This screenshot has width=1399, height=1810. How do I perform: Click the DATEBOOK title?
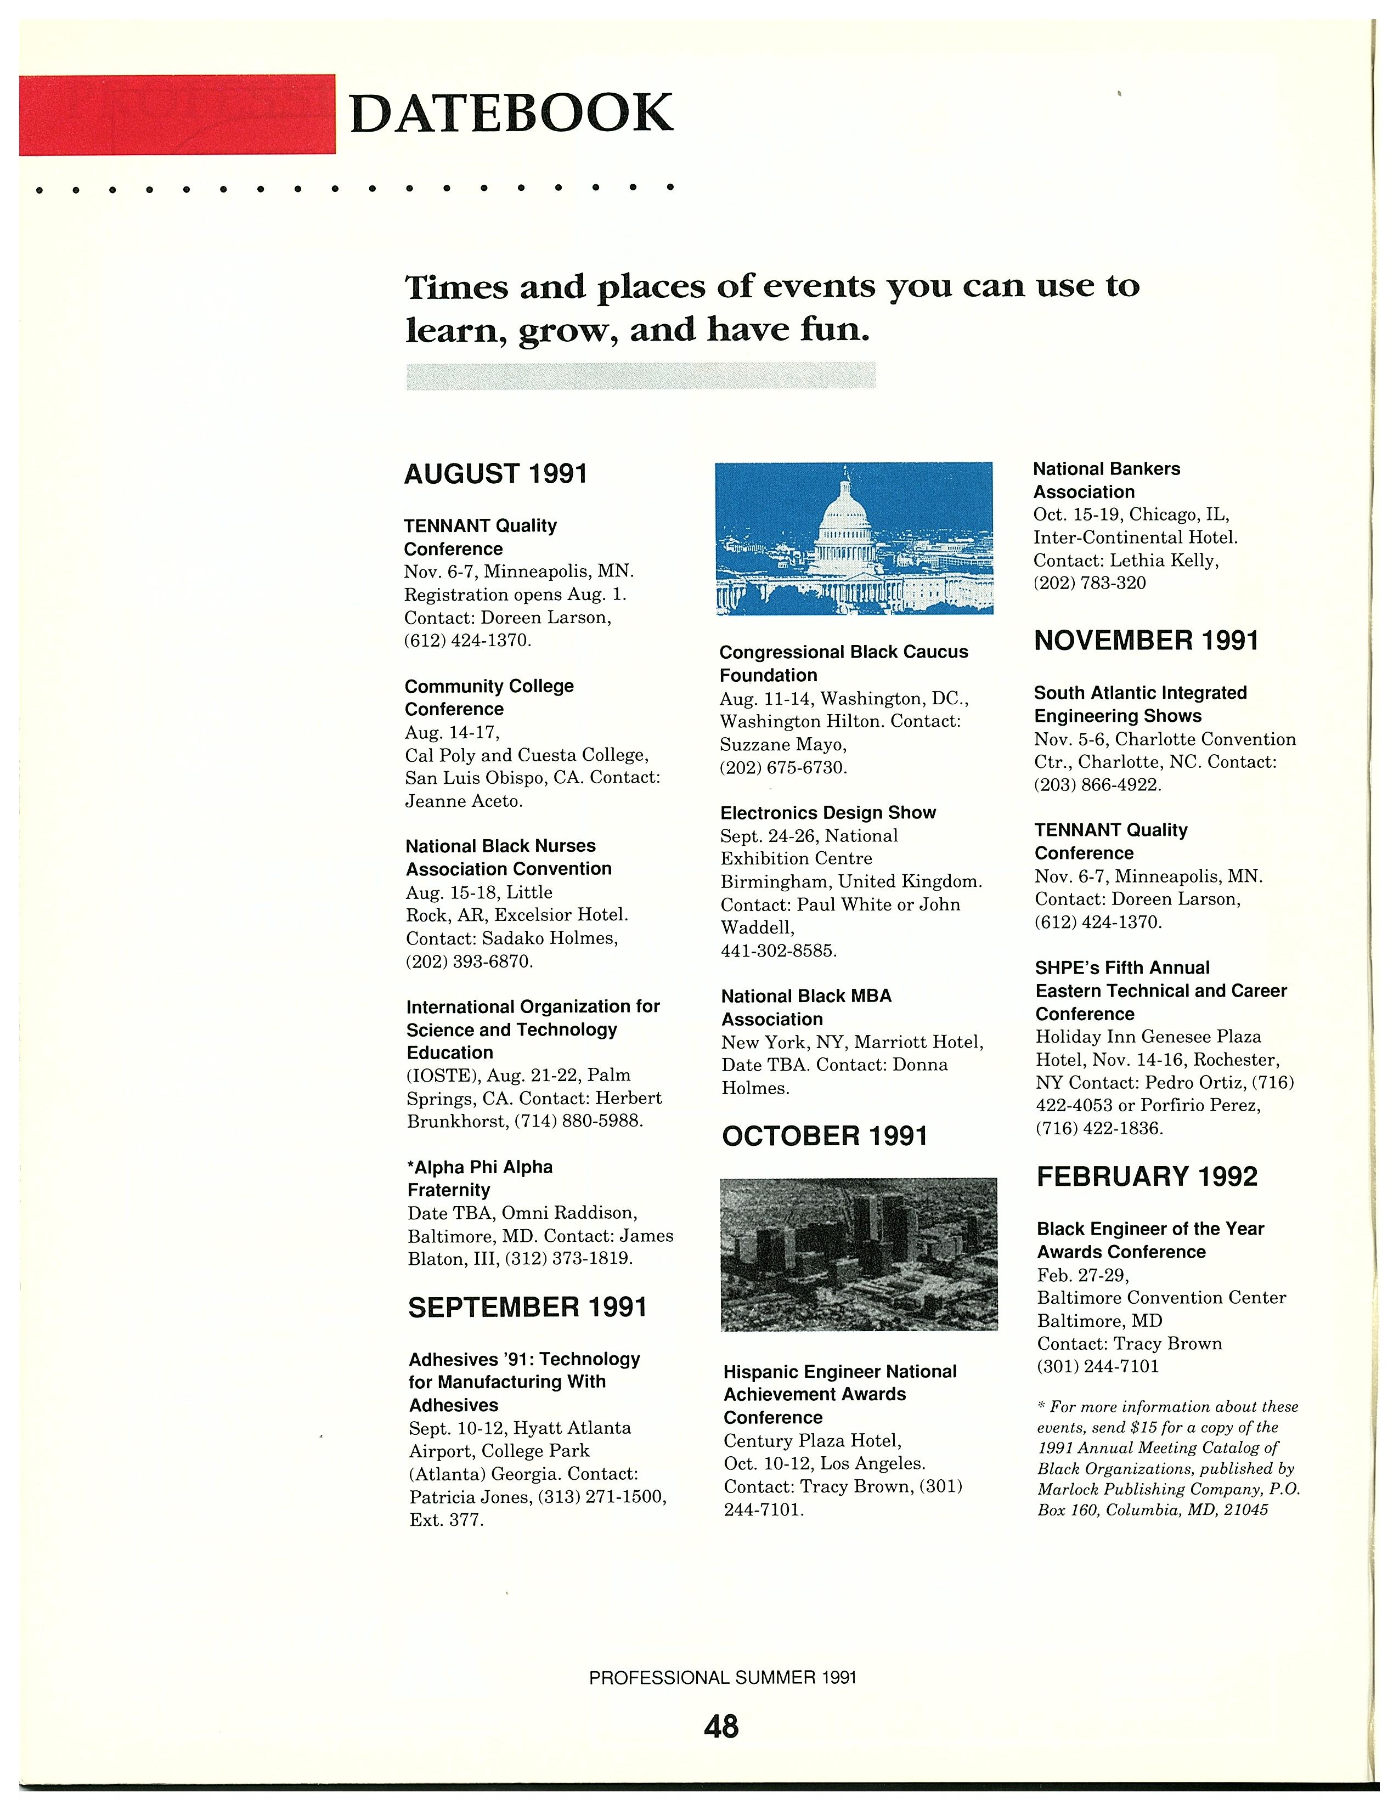511,114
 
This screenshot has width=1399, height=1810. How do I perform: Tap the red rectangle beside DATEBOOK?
177,115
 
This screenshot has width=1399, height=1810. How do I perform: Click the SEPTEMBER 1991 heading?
527,1307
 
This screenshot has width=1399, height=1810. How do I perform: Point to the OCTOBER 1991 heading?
824,1135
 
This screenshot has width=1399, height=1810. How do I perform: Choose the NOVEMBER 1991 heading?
1146,641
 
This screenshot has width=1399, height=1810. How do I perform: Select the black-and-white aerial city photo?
859,1253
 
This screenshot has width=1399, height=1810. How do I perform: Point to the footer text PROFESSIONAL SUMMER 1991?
723,1677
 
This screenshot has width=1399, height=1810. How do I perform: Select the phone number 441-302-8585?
779,951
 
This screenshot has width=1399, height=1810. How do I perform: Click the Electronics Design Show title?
828,813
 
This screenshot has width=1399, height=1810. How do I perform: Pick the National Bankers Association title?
1107,480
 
